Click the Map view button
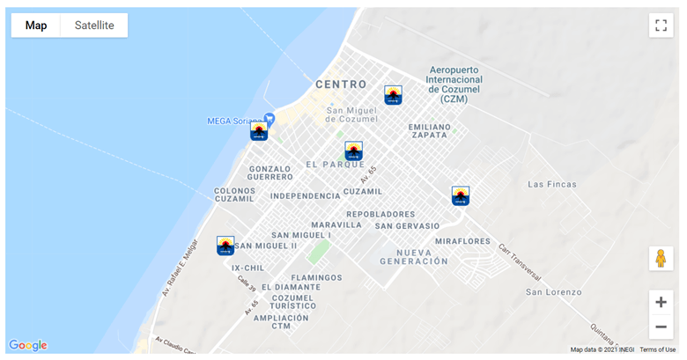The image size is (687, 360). coord(36,26)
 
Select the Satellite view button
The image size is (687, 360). coord(94,26)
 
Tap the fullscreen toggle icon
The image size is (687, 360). coord(661,25)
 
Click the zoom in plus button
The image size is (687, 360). coord(661,302)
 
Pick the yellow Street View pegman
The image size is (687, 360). coord(661,258)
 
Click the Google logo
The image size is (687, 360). coord(28,345)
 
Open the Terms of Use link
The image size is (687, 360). coord(657,349)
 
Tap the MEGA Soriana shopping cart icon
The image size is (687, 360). coord(270,118)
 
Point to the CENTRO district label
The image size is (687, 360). coord(341,84)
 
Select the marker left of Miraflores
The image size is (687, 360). coord(461,195)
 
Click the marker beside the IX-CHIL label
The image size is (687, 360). coord(225,245)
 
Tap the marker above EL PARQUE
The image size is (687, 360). coord(353,151)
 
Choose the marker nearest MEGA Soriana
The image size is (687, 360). coord(258,131)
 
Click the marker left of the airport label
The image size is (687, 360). coord(393,94)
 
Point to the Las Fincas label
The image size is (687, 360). coord(552,184)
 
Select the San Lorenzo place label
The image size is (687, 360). coord(554,291)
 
